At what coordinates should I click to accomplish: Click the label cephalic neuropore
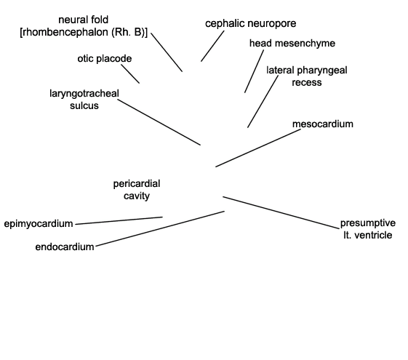point(251,24)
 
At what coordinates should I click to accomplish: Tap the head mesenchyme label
point(292,44)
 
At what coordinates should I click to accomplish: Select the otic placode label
point(105,59)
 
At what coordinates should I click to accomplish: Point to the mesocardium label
point(323,124)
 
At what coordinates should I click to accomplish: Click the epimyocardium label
point(39,224)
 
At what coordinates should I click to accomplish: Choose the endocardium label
point(65,247)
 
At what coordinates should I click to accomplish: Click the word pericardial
point(137,184)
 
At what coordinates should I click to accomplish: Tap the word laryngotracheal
point(84,94)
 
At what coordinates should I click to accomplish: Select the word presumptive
point(368,223)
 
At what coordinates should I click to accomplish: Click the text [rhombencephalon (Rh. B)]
point(84,32)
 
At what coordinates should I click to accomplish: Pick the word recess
point(306,83)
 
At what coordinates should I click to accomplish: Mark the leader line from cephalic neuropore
point(212,47)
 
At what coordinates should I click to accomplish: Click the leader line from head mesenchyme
point(254,71)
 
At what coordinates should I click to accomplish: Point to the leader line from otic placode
point(130,74)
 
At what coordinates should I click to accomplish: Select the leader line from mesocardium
point(258,148)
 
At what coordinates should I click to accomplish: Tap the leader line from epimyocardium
point(119,220)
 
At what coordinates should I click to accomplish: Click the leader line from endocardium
point(160,228)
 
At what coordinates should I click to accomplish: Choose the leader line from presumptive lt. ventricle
point(281,213)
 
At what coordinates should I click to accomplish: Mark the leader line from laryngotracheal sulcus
point(159,122)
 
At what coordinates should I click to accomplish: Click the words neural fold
point(83,20)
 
